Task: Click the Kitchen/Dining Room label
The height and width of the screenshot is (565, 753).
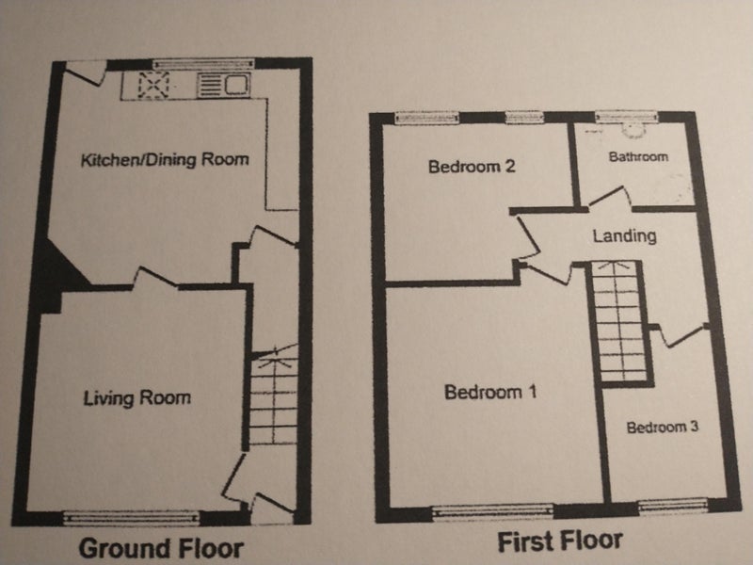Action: point(165,159)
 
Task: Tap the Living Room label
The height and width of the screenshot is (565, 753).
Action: point(136,397)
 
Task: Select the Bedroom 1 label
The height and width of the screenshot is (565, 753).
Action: point(490,392)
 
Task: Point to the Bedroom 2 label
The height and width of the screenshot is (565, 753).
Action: point(472,167)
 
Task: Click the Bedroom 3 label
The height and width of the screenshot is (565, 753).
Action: point(663,428)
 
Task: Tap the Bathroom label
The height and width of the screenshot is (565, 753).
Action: point(638,156)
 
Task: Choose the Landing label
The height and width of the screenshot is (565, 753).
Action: point(624,236)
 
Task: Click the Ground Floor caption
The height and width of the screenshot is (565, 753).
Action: point(161,549)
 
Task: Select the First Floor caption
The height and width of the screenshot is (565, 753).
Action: point(560,541)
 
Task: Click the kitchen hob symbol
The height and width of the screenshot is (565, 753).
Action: point(153,85)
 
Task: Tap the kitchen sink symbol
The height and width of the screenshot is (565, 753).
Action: point(224,85)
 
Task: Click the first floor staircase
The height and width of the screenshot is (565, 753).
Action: point(620,323)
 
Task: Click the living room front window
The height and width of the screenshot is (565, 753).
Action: point(131,517)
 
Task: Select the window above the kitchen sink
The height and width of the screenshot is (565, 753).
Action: point(203,63)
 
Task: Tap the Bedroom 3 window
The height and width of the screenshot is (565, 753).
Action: point(673,505)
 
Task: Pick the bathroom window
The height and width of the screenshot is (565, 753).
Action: point(626,116)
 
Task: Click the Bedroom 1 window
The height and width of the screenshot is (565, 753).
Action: point(492,510)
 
